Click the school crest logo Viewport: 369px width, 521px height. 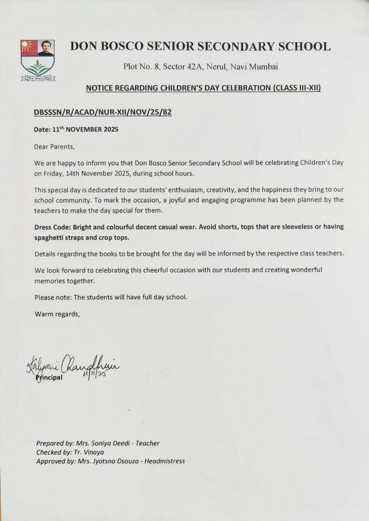(x=38, y=60)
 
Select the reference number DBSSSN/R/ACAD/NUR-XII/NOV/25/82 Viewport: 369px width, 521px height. (x=102, y=112)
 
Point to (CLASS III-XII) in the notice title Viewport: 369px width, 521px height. (x=297, y=88)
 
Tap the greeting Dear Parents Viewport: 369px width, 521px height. (x=54, y=147)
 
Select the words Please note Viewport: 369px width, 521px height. (x=51, y=297)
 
